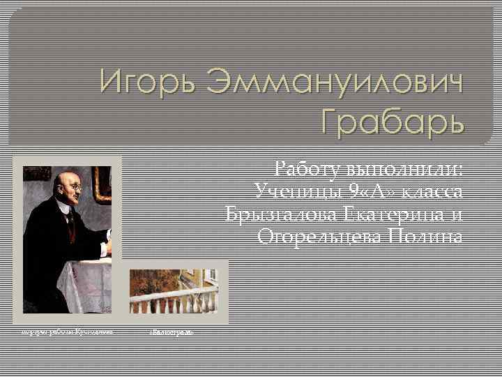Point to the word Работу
click(307, 169)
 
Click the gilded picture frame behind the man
click(102, 184)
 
